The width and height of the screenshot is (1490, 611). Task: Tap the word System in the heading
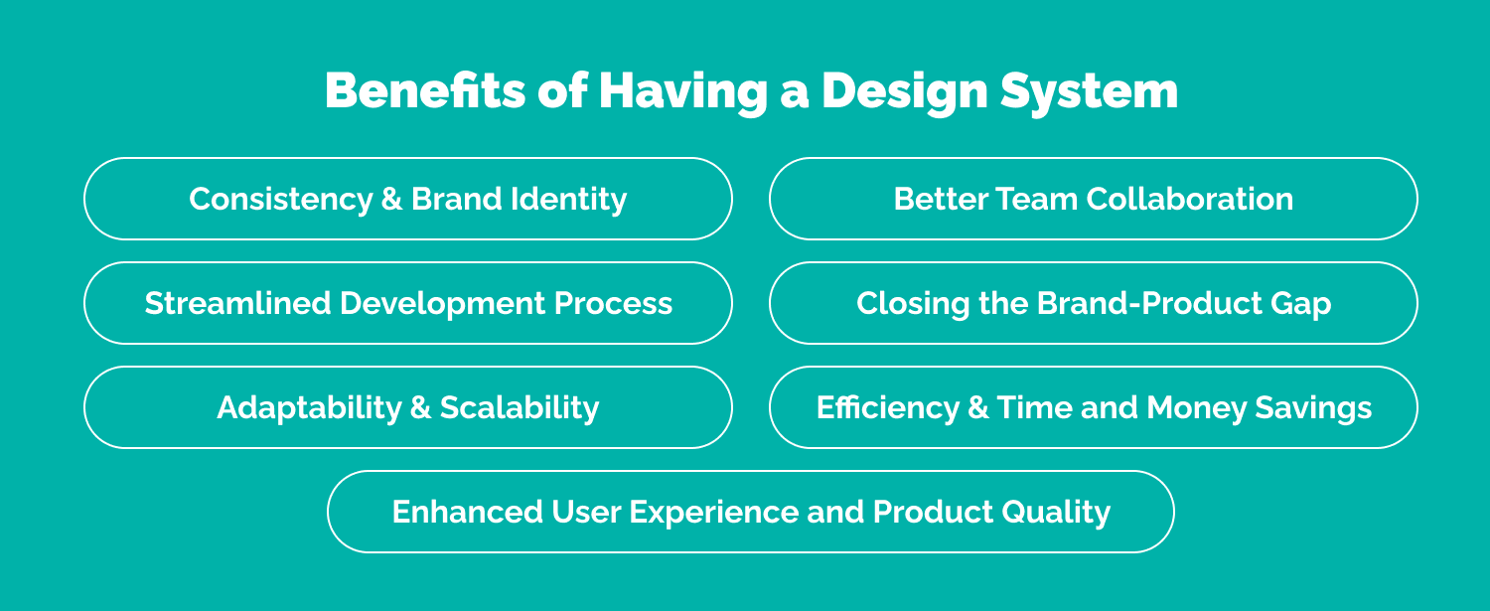(1089, 92)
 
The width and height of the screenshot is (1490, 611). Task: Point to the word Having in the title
(683, 92)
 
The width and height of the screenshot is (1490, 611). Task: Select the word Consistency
(281, 200)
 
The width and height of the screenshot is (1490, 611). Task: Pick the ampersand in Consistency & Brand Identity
(391, 199)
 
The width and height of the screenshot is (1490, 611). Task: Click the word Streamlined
(237, 303)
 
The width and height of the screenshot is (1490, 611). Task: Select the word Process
(613, 303)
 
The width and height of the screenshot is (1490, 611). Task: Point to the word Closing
(913, 304)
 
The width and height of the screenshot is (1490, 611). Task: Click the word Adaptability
(309, 408)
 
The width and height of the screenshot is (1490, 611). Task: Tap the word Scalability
(520, 408)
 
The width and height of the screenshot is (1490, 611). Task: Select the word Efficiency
(888, 408)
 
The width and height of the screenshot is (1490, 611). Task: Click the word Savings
(1313, 408)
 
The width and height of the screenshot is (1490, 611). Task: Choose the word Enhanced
(467, 512)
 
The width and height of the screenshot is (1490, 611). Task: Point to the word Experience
(714, 513)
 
